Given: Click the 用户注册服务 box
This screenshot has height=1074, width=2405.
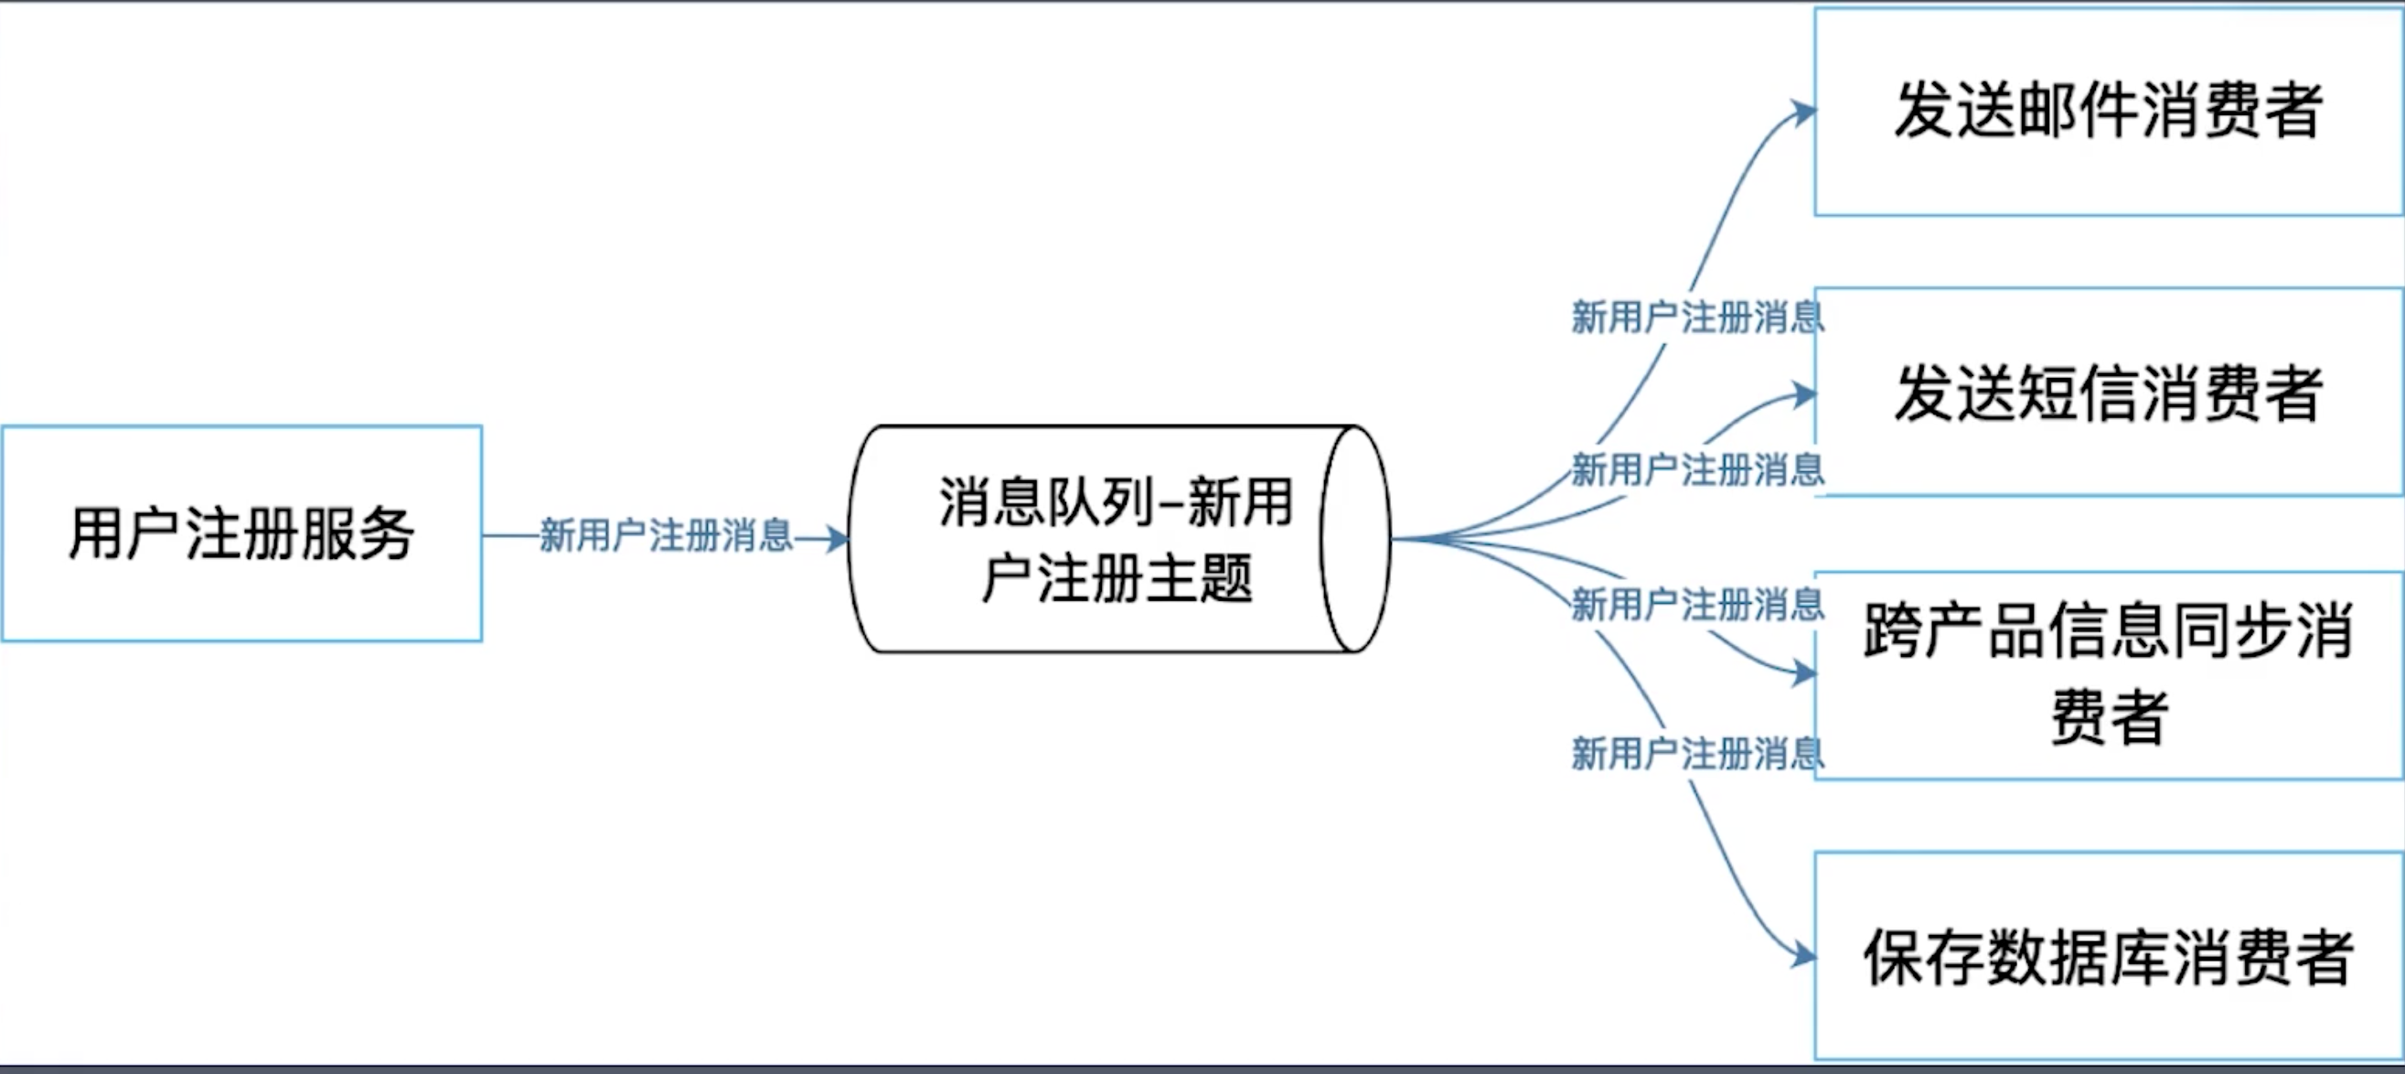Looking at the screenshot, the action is click(x=241, y=533).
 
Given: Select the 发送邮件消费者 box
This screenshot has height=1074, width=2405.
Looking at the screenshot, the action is click(x=2108, y=113).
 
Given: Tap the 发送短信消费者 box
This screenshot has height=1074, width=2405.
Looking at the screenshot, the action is click(x=2108, y=392).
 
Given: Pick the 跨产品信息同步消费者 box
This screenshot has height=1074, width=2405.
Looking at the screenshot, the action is click(x=2108, y=674).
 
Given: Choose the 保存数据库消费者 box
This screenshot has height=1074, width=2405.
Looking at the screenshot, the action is click(x=2108, y=956).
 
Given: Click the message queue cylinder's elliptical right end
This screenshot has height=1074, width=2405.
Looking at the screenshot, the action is click(x=1354, y=539).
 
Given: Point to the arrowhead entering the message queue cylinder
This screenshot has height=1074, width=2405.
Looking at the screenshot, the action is click(x=838, y=539).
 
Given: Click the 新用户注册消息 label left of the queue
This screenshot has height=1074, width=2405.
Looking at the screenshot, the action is click(x=666, y=536).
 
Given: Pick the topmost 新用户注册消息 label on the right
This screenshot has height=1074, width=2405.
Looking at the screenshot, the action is click(x=1697, y=317).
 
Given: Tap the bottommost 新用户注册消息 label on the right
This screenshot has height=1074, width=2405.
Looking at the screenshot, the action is click(x=1697, y=754).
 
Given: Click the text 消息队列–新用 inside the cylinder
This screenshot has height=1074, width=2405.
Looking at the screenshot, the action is click(x=1116, y=501).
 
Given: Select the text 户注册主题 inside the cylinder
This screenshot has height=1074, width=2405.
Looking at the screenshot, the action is click(x=1116, y=578).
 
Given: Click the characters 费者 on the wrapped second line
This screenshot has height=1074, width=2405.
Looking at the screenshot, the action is click(x=2108, y=717).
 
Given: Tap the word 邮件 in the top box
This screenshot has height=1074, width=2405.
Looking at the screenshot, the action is click(x=2077, y=110).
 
